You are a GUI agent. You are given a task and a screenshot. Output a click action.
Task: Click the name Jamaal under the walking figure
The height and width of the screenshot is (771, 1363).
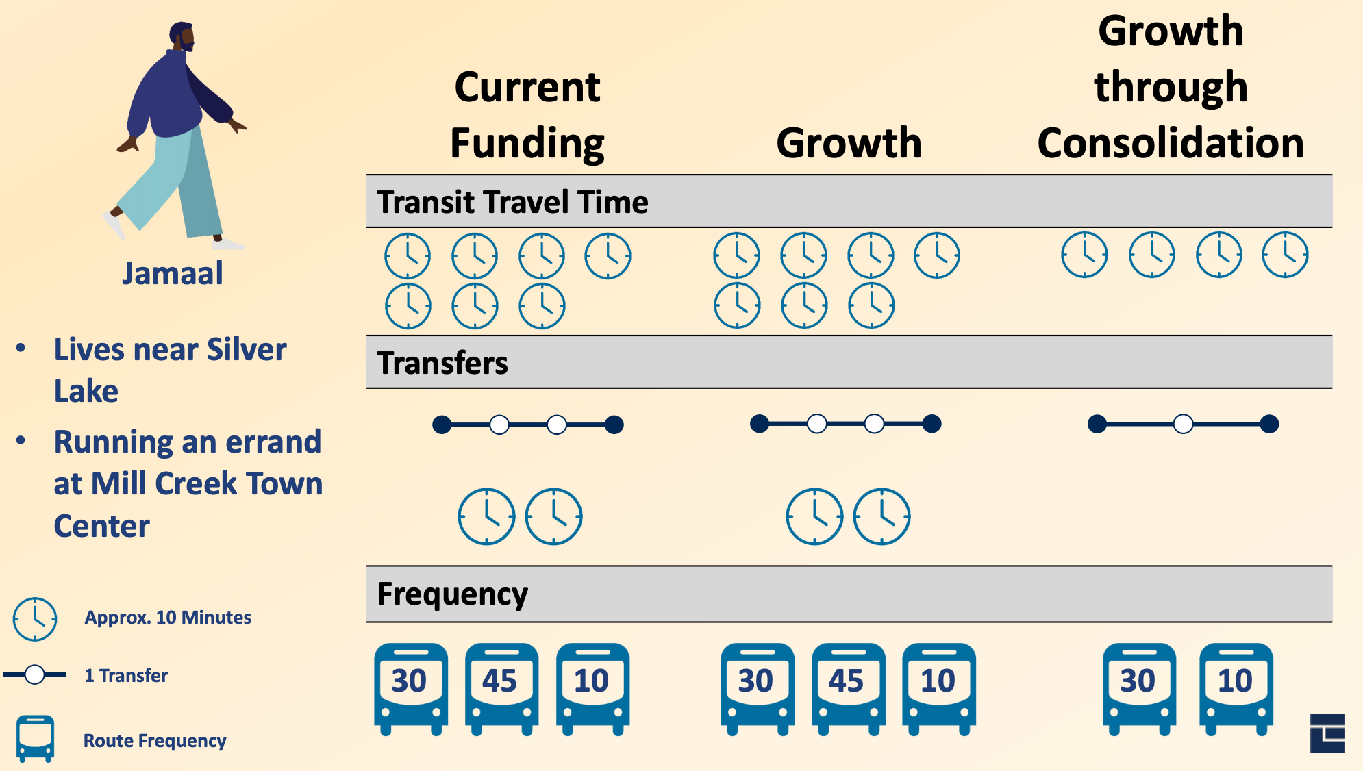point(173,273)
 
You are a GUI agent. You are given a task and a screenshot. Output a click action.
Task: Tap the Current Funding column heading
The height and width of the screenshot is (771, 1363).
point(527,115)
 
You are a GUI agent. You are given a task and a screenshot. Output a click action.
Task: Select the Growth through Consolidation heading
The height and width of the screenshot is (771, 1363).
point(1171,87)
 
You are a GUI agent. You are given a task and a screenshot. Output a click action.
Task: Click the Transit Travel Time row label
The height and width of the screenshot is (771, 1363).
point(512,202)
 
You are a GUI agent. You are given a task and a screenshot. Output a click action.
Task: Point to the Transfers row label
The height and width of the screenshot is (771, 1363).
point(442,363)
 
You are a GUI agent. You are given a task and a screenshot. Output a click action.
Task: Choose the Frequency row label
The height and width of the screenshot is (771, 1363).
point(452,594)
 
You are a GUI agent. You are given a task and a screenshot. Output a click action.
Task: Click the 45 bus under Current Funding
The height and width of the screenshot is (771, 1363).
point(501,687)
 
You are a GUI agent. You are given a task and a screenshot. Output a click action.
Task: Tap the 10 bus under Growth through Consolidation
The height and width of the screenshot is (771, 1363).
point(1236,687)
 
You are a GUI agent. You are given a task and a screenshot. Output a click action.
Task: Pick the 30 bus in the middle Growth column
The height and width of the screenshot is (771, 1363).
point(757,687)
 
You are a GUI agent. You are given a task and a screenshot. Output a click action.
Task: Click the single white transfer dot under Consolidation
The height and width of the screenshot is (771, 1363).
point(1183,425)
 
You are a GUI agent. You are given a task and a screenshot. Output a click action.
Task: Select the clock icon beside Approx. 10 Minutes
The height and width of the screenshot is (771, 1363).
point(35,619)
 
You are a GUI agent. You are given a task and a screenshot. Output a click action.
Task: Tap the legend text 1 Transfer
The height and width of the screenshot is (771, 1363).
point(126,676)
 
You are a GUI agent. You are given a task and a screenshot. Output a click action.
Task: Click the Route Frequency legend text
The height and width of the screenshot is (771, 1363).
point(155,741)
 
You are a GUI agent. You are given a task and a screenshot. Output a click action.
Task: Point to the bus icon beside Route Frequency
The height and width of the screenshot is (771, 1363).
point(35,738)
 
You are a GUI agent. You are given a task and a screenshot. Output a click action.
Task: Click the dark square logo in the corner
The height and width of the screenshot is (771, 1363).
point(1327,733)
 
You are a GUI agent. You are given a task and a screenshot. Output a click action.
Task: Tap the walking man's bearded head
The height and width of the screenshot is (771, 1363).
point(183,37)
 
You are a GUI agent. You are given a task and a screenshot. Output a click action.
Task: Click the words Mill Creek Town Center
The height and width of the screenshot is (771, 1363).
point(188,504)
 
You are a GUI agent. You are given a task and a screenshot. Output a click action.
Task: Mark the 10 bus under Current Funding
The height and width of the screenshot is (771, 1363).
point(592,687)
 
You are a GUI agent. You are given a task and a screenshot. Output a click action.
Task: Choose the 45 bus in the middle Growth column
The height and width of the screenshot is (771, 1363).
point(848,687)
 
